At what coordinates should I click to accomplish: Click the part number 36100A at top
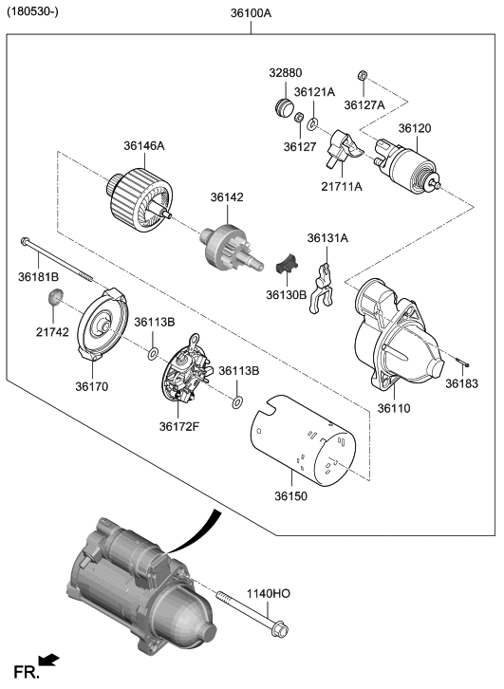(251, 14)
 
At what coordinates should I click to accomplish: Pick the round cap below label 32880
(283, 104)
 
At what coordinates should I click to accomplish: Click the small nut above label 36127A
(363, 76)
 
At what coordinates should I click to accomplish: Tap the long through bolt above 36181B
(59, 259)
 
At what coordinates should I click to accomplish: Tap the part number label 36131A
(327, 238)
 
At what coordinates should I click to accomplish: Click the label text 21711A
(341, 187)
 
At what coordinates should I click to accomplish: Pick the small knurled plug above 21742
(56, 301)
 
